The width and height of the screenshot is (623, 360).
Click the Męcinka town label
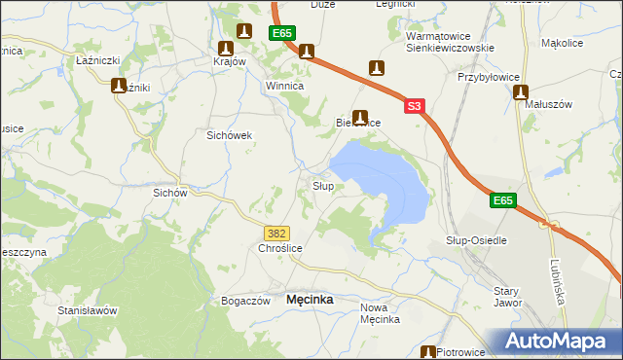pos(310,301)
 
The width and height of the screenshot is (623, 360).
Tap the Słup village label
pos(323,185)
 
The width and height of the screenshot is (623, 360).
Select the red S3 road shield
pos(415,106)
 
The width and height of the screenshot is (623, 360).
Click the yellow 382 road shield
pos(275,233)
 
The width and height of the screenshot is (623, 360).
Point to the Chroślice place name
pos(280,249)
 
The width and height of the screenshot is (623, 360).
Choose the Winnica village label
pos(286,86)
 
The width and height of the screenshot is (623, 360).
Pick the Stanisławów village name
pos(88,310)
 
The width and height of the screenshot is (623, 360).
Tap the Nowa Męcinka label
pos(381,313)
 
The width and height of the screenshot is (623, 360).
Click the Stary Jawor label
pos(507,297)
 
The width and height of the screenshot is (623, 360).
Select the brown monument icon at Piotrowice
pos(427,353)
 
